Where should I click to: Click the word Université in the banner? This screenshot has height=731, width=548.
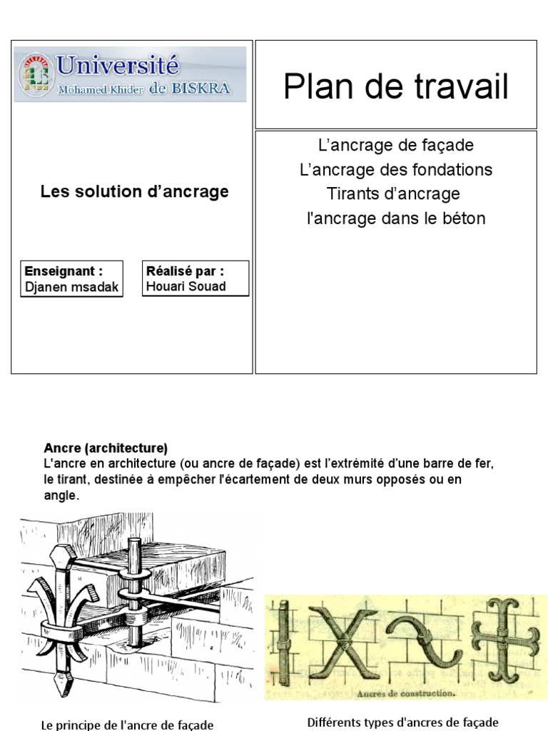[x=118, y=66]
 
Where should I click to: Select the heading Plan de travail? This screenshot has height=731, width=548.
[x=395, y=87]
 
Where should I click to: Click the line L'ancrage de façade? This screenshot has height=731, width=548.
[x=395, y=146]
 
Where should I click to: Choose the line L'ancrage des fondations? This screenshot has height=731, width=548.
[x=395, y=170]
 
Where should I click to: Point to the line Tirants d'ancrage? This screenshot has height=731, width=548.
[x=393, y=194]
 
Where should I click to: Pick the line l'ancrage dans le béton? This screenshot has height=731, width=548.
[x=395, y=218]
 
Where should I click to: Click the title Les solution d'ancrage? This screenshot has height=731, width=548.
[x=134, y=191]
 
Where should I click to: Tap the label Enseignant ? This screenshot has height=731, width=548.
[x=64, y=271]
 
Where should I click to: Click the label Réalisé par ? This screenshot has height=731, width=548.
[x=185, y=271]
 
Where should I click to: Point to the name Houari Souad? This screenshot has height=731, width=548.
[x=186, y=286]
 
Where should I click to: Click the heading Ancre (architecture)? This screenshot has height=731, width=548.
[x=106, y=448]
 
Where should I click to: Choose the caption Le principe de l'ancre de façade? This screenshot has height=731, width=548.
[x=127, y=725]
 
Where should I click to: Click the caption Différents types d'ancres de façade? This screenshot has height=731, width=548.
[x=402, y=722]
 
